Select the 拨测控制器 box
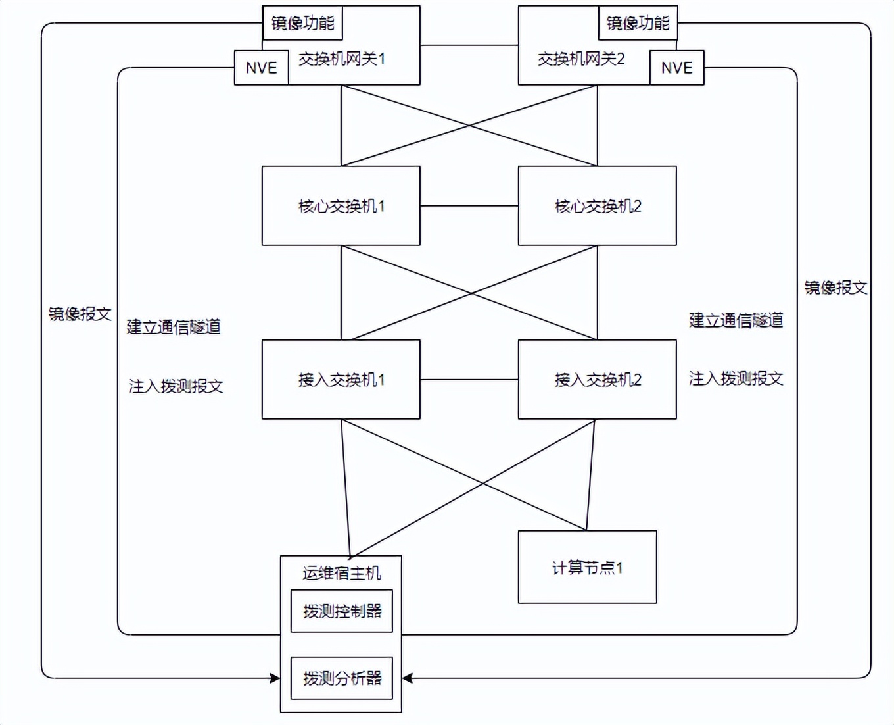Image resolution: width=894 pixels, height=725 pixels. click(x=341, y=611)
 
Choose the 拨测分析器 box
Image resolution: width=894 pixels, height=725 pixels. click(x=341, y=678)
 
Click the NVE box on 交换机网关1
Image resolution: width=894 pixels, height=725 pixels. click(x=261, y=68)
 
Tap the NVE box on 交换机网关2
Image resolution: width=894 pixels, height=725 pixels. click(x=676, y=68)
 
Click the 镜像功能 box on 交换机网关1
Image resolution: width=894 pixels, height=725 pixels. click(x=302, y=24)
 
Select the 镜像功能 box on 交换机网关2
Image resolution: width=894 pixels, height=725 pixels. click(x=638, y=24)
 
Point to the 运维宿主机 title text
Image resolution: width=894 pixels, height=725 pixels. click(x=341, y=573)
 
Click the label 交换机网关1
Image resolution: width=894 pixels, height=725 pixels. click(x=342, y=59)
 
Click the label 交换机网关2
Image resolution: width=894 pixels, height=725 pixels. click(x=581, y=59)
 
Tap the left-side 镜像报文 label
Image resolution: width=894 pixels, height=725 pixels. click(x=80, y=314)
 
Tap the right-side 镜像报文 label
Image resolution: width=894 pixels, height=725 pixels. click(x=835, y=287)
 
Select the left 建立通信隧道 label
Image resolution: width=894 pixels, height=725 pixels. click(x=174, y=327)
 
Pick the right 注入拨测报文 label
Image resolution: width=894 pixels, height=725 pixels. click(x=736, y=378)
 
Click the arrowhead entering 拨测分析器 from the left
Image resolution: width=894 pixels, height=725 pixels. click(x=275, y=678)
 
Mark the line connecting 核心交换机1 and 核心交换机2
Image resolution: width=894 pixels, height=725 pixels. click(x=469, y=206)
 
